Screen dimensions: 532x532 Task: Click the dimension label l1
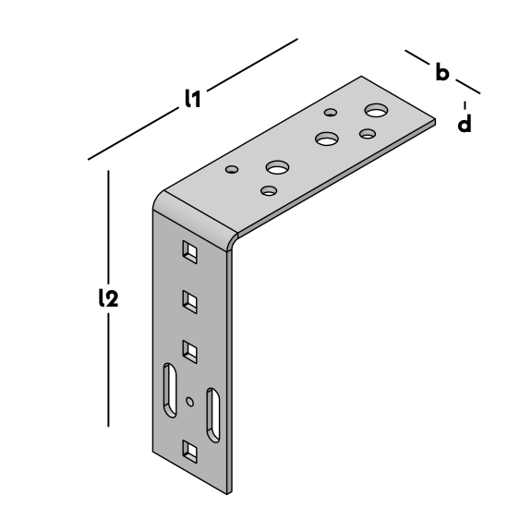(193, 99)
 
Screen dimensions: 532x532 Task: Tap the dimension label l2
(109, 298)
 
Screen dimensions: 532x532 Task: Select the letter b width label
(442, 72)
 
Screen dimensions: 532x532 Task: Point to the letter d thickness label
(465, 123)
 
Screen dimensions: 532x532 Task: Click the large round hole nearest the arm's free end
(376, 110)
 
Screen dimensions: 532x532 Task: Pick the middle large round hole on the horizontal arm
(327, 139)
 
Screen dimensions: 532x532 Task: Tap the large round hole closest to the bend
(277, 167)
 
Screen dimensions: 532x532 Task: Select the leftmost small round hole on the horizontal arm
(232, 169)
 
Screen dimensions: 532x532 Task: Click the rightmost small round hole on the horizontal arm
(368, 133)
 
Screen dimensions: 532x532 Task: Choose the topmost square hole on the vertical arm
(190, 252)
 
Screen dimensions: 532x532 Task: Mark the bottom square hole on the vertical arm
(190, 452)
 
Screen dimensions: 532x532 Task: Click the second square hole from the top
(190, 302)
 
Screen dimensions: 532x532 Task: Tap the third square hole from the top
(190, 352)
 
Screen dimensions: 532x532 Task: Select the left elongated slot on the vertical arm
(170, 390)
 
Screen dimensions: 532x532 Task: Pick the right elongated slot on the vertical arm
(213, 416)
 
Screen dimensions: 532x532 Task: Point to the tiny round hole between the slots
(190, 402)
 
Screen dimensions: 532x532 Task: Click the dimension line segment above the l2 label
(109, 226)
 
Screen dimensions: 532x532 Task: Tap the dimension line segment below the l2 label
(109, 369)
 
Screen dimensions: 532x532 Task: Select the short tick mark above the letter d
(465, 105)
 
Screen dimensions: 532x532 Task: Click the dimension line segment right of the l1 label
(252, 65)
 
